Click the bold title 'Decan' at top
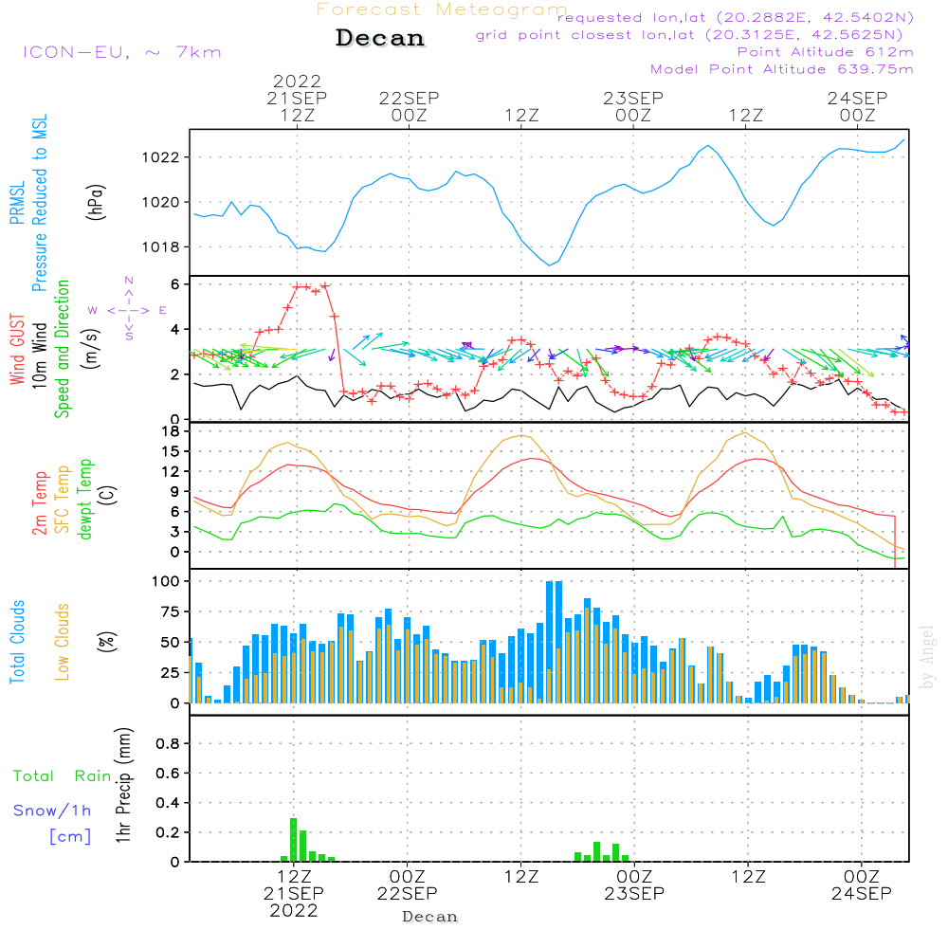(x=380, y=38)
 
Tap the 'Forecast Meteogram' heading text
(x=442, y=9)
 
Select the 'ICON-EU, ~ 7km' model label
(x=121, y=52)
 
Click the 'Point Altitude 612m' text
(x=825, y=52)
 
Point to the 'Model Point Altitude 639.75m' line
(x=782, y=69)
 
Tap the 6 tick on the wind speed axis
(x=175, y=284)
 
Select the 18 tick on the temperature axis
(x=172, y=431)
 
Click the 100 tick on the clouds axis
(x=166, y=580)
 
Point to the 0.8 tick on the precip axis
(x=168, y=744)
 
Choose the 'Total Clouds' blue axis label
(x=17, y=642)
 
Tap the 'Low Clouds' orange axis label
(x=63, y=642)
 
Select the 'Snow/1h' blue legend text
(x=52, y=811)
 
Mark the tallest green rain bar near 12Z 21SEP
(x=294, y=840)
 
